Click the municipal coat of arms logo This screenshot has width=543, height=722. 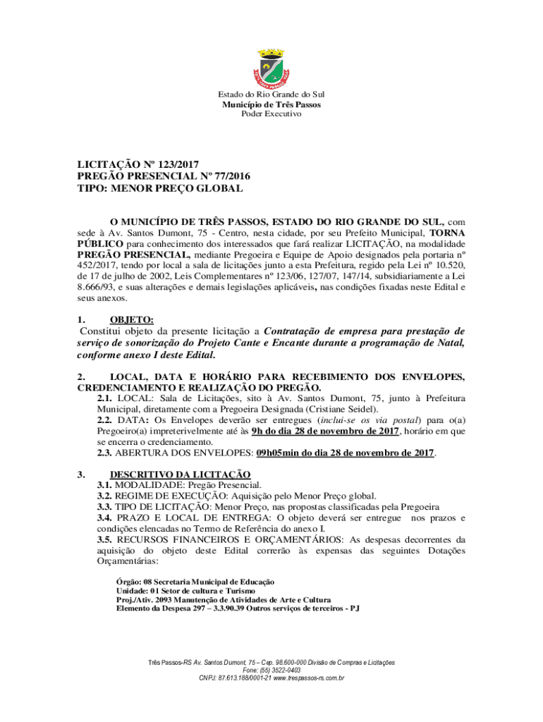[271, 67]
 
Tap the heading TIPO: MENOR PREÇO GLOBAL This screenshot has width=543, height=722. [159, 189]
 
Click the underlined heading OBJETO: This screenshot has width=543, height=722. [131, 319]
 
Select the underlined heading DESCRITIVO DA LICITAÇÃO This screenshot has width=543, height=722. [180, 474]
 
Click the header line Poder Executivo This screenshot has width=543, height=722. [271, 114]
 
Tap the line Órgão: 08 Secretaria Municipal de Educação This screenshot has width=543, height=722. [195, 582]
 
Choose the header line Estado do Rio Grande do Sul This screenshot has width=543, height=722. [271, 94]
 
